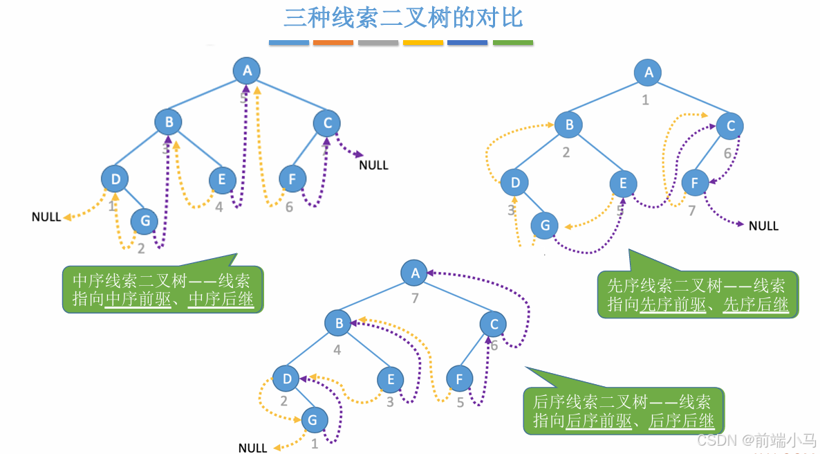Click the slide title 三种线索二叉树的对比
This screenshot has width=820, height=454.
tap(403, 18)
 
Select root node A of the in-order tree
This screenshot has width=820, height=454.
tap(246, 70)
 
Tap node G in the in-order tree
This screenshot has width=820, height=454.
tap(145, 221)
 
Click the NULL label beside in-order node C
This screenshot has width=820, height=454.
tap(373, 165)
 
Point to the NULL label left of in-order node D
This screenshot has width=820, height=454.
tap(46, 217)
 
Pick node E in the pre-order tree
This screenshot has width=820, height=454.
tap(623, 183)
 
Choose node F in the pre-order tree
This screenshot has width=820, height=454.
tap(695, 183)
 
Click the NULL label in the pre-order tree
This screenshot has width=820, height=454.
tap(763, 226)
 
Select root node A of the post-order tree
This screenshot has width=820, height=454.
tap(415, 273)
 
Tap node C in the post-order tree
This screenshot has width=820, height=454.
tap(494, 324)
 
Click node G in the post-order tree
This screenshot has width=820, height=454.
tap(313, 420)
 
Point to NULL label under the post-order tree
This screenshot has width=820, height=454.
tap(252, 448)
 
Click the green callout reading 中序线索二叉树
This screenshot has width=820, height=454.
tap(162, 290)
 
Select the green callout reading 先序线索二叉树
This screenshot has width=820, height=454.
tap(697, 295)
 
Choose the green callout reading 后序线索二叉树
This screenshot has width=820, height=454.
tap(622, 411)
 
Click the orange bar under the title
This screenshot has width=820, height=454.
tap(333, 43)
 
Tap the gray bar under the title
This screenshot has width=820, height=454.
tap(378, 43)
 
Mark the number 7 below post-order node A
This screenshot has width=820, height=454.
tap(416, 298)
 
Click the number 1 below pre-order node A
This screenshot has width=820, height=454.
tap(645, 100)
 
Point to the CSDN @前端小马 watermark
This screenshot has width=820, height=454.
tap(756, 440)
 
